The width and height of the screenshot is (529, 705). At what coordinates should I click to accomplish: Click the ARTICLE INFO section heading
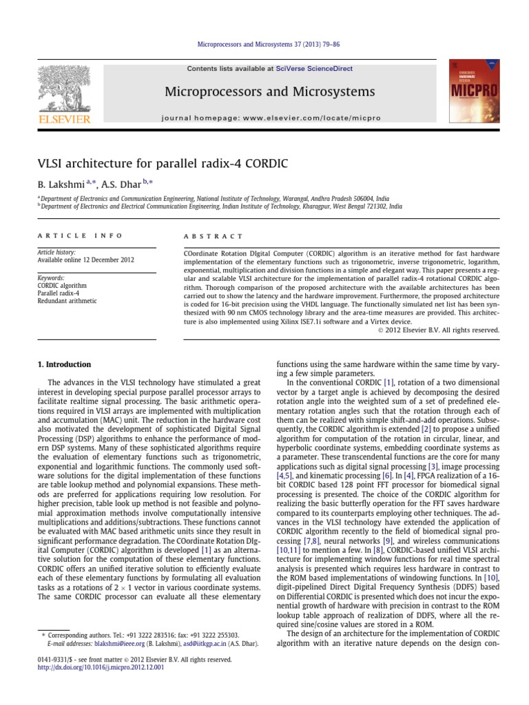click(79, 235)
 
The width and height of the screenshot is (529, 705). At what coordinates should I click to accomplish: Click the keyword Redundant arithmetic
click(67, 301)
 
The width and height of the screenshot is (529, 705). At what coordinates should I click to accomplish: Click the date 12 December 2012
click(107, 260)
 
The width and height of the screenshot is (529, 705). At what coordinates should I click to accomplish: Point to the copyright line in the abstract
click(439, 330)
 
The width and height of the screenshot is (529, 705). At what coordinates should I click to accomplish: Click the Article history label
click(56, 253)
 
